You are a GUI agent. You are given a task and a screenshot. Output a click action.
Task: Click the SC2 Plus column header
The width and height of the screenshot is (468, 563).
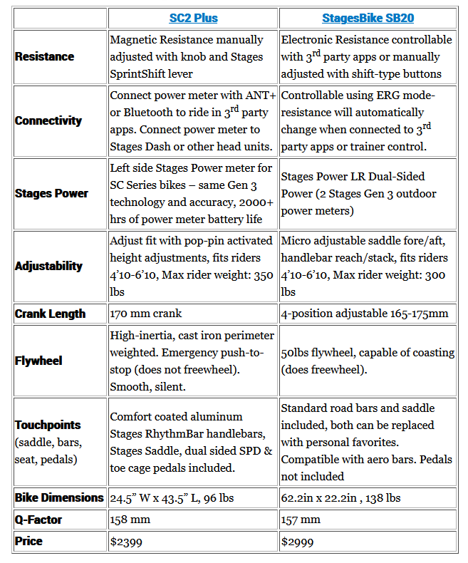[192, 18]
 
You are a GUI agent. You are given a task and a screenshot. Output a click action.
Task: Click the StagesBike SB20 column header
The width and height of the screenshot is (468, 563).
[368, 18]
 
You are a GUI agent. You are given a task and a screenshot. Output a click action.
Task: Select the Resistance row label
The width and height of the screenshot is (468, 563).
[44, 57]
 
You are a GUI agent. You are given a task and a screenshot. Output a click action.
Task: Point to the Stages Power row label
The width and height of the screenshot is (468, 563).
[51, 194]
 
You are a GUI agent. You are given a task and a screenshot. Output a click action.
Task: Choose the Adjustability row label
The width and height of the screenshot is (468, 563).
[48, 267]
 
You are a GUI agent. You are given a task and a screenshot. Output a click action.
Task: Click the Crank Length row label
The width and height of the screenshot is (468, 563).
[50, 314]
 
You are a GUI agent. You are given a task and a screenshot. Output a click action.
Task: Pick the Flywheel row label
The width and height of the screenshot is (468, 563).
[38, 361]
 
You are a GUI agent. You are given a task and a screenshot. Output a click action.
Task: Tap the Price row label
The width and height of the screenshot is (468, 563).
[28, 542]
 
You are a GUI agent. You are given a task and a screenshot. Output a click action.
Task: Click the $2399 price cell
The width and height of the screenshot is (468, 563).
[126, 542]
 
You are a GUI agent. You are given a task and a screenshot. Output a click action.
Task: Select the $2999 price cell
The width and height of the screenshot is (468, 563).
[297, 542]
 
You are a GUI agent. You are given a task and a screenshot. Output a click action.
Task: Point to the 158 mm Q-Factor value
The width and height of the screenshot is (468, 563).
[130, 520]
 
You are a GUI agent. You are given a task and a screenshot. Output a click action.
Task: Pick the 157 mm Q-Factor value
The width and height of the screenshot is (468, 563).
[301, 520]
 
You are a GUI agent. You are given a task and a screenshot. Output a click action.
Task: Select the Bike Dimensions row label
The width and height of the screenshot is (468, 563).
[59, 497]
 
